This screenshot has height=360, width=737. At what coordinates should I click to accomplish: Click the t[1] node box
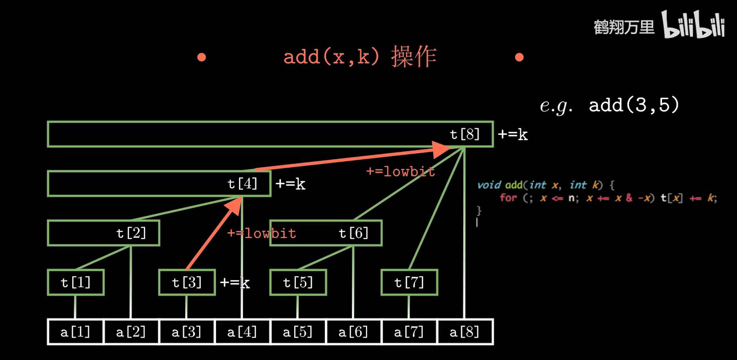(76, 282)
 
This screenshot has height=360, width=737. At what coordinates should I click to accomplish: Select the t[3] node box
(187, 282)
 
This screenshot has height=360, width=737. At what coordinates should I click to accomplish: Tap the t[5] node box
(298, 282)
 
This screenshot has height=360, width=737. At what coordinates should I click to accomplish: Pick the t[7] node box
(409, 282)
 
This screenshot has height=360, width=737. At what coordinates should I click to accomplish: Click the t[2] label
(131, 233)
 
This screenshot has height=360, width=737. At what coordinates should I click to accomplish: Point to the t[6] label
(353, 233)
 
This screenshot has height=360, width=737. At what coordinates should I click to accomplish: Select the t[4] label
(242, 184)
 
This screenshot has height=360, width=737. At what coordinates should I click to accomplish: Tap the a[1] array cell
(75, 332)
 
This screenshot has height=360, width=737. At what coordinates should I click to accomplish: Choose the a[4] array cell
(242, 332)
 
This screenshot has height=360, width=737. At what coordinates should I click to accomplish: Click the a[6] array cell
(353, 332)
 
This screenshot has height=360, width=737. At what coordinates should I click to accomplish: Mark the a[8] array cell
(464, 332)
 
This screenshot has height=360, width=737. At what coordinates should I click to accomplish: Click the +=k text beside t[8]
(513, 135)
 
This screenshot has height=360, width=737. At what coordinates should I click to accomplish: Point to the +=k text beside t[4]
(290, 184)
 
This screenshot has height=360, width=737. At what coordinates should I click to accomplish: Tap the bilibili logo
(693, 25)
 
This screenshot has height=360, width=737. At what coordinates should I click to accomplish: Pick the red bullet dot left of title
(202, 57)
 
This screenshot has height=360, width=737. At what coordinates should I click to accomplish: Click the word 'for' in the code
(508, 198)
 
